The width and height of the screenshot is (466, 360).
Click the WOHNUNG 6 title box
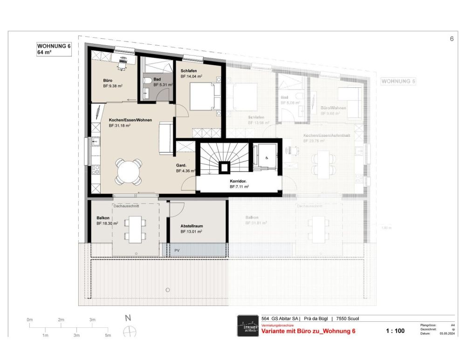pyautogui.click(x=54, y=49)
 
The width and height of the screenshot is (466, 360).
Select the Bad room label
pyautogui.click(x=157, y=79)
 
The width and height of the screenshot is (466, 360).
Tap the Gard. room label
pyautogui.click(x=181, y=165)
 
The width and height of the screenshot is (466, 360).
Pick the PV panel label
pyautogui.click(x=177, y=250)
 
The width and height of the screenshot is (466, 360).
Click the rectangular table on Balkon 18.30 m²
pyautogui.click(x=136, y=229)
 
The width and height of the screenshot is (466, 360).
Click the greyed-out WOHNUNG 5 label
pyautogui.click(x=398, y=81)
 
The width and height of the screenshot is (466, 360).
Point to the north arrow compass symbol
pyautogui.click(x=129, y=332)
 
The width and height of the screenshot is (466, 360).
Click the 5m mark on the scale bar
pyautogui.click(x=108, y=335)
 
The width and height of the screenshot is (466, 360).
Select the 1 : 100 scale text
pyautogui.click(x=395, y=331)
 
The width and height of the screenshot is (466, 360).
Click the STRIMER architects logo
pyautogui.click(x=247, y=325)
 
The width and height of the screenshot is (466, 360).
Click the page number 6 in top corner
pyautogui.click(x=452, y=39)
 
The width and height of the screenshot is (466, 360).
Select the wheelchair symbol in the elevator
pyautogui.click(x=267, y=158)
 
